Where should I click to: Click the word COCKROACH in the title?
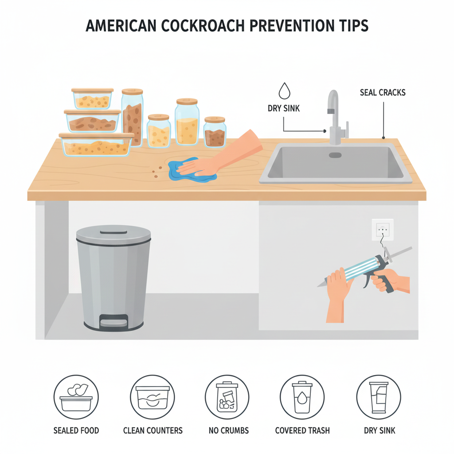tap(203, 25)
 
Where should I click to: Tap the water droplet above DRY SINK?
tap(284, 91)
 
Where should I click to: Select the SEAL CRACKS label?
tap(383, 93)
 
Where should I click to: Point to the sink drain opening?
tap(335, 155)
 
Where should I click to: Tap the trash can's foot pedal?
tap(113, 321)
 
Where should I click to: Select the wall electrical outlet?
tap(383, 230)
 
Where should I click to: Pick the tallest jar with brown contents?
tap(132, 117)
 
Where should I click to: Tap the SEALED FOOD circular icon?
tap(76, 397)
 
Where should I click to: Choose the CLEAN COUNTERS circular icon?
tap(153, 397)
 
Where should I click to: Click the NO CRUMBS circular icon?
tap(227, 397)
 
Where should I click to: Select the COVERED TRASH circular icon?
tap(302, 397)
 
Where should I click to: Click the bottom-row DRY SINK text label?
tap(380, 431)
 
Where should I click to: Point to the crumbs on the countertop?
tap(157, 172)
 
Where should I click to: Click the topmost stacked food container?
tap(92, 99)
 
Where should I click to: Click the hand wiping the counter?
tap(220, 158)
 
